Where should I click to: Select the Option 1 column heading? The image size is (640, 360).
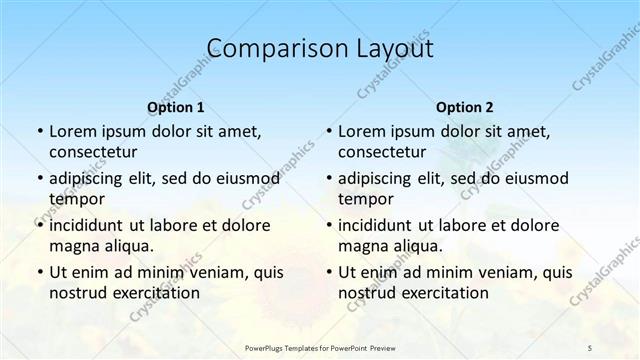tap(175, 107)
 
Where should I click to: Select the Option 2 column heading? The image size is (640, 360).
tap(465, 107)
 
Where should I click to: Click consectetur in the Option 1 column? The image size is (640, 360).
tap(95, 152)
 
